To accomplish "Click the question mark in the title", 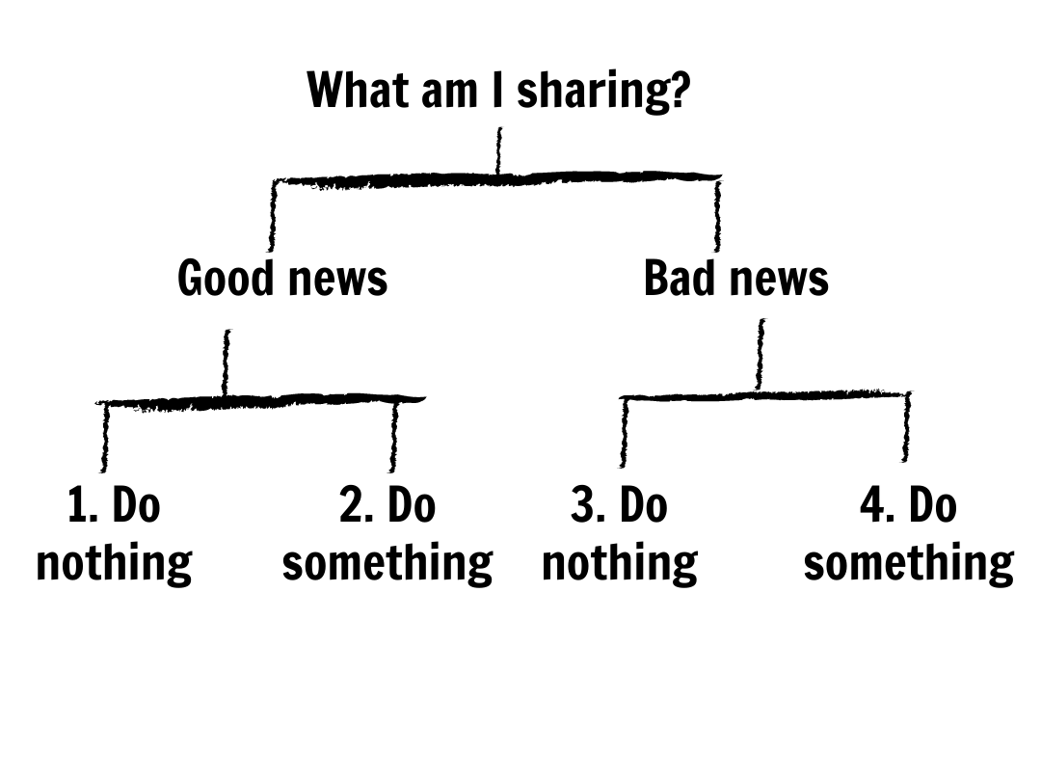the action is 681,91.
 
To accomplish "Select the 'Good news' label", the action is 282,279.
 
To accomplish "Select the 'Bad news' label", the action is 735,279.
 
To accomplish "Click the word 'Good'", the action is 227,279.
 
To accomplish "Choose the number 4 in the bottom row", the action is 873,506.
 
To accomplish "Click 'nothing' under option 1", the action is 114,563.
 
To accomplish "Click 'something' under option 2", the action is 387,563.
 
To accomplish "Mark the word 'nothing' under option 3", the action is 620,563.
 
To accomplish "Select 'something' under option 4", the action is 909,563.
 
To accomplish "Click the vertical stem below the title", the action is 498,151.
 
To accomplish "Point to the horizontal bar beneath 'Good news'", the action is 260,400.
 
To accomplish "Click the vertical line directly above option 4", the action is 906,429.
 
